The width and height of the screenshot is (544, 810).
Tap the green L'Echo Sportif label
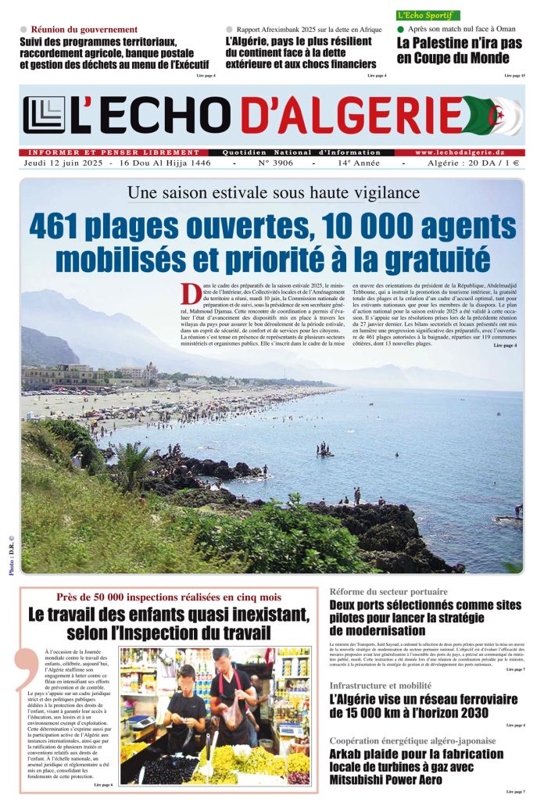pyautogui.click(x=428, y=15)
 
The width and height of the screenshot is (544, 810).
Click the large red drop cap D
pyautogui.click(x=191, y=294)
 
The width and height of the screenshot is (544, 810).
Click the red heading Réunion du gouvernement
pyautogui.click(x=79, y=30)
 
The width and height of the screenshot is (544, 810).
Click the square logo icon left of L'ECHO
pyautogui.click(x=44, y=115)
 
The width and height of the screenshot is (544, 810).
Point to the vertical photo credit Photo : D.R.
pyautogui.click(x=12, y=555)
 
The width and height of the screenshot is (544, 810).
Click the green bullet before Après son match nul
pyautogui.click(x=401, y=30)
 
